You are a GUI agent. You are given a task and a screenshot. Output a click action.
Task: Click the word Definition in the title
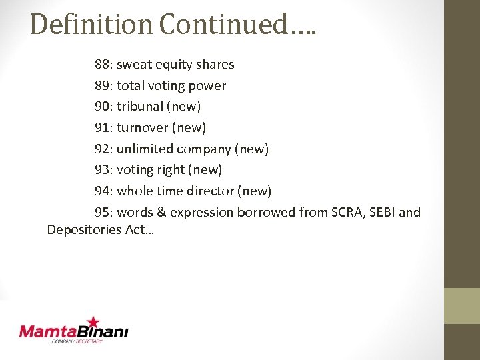point(91,24)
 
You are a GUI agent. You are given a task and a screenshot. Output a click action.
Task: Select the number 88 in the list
point(103,65)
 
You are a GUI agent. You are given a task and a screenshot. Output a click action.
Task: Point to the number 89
point(103,85)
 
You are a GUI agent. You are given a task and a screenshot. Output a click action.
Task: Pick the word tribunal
point(141,107)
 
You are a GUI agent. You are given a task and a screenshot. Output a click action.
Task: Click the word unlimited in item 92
point(145,149)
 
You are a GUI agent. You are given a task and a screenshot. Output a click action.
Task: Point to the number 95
point(103,212)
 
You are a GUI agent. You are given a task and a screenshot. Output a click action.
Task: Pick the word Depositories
point(84,230)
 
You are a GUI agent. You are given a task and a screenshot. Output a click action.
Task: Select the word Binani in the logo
point(103,331)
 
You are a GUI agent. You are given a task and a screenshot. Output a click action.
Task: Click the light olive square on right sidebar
point(462,305)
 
